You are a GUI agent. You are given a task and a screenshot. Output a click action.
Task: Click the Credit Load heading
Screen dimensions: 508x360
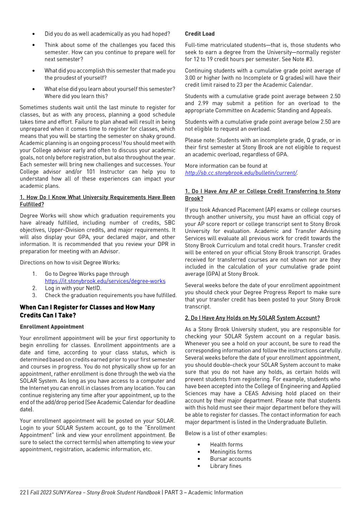point(200,34)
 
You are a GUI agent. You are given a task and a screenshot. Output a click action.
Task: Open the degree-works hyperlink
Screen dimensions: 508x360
point(105,281)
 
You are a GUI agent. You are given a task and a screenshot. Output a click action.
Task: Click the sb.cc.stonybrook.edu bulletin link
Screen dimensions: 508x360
point(241,173)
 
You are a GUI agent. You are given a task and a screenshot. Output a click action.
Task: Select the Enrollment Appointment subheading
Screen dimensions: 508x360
point(52,327)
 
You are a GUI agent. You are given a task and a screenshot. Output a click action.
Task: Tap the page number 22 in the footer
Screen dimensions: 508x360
point(23,492)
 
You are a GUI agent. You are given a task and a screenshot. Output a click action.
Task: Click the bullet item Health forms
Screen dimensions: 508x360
point(226,444)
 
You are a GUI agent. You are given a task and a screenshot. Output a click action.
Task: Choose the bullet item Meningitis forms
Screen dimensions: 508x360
point(231,452)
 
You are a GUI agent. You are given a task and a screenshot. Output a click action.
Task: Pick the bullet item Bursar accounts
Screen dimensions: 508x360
point(230,459)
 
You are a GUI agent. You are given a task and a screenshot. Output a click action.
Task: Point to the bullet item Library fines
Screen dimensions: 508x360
point(226,466)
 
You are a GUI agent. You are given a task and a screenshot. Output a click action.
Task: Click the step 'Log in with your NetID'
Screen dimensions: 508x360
point(73,288)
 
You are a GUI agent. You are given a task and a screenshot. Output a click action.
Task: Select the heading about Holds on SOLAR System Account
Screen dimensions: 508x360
point(252,318)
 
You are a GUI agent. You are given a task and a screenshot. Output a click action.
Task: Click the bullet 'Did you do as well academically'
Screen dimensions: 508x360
point(107,34)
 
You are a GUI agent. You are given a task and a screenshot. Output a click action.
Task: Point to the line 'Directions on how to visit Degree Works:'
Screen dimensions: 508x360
point(70,262)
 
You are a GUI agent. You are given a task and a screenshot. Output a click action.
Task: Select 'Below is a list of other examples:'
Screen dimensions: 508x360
point(226,433)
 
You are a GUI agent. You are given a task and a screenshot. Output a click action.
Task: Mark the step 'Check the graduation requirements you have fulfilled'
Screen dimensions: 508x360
point(111,295)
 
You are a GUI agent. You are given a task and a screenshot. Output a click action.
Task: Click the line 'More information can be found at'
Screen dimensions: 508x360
point(226,166)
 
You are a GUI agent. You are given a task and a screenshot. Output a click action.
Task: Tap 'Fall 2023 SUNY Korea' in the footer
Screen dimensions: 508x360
point(56,492)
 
